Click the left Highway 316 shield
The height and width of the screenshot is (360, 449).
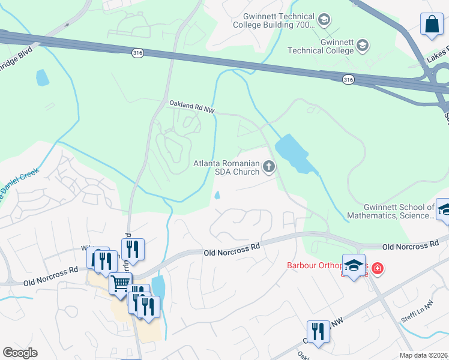coord(138,54)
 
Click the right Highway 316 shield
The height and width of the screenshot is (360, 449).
coord(348,79)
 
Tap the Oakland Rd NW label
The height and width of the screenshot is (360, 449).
coord(191,106)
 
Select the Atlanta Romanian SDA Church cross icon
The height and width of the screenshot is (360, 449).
coord(268,166)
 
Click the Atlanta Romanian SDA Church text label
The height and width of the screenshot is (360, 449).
coord(226,167)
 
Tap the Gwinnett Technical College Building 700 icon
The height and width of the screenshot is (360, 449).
coord(324,20)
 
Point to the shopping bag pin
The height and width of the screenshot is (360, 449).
coord(432,25)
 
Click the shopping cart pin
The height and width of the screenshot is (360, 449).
coord(120,283)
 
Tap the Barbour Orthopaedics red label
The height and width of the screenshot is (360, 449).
coord(324,265)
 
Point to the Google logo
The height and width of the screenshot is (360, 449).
coord(20,353)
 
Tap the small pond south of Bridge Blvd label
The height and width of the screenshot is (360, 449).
coord(42,78)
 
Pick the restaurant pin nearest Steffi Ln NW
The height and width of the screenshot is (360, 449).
coord(318,332)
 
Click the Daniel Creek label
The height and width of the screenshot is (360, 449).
coord(18,184)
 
